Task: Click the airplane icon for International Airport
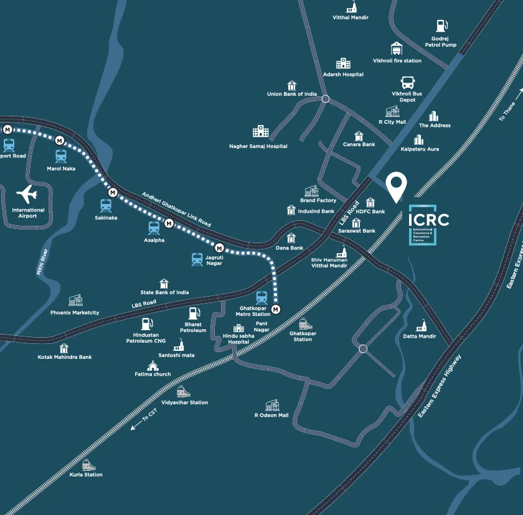28,195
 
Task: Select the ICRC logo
428,224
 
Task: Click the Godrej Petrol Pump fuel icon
441,26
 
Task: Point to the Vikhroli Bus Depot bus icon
407,82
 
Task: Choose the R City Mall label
392,122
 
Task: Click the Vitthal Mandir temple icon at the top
351,7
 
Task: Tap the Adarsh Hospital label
343,75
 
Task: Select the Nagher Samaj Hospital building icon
259,131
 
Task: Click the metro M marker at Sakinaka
113,192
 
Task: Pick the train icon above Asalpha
154,228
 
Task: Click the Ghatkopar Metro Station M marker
276,309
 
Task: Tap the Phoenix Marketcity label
75,312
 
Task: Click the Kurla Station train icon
89,465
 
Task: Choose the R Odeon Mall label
271,415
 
